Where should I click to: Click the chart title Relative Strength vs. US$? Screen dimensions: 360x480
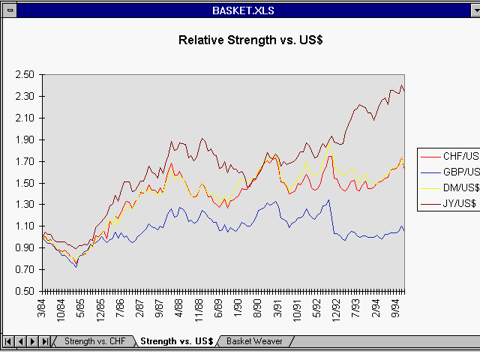tap(240, 40)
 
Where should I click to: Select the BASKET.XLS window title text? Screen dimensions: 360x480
tap(240, 10)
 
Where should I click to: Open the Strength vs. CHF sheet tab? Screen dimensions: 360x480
tap(94, 342)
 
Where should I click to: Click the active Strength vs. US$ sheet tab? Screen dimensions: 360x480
tap(177, 342)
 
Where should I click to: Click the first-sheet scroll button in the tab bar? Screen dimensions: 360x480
tap(9, 342)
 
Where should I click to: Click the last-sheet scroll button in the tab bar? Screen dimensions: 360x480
tap(46, 342)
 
